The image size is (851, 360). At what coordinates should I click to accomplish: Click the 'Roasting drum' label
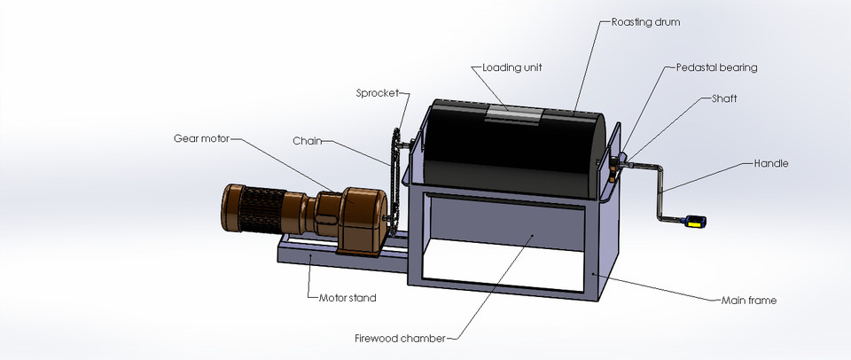click(645, 21)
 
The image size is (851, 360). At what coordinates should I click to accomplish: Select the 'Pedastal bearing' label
click(716, 67)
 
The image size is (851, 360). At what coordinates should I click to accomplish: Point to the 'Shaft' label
click(723, 99)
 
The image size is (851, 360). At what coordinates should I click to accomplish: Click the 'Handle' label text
click(770, 163)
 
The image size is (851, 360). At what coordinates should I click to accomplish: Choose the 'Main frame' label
click(748, 301)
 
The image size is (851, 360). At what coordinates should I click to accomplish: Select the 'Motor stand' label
click(347, 298)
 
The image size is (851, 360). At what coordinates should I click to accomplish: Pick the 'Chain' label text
click(307, 140)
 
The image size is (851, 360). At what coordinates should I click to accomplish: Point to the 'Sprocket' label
click(377, 92)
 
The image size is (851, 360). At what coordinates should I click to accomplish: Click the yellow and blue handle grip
click(693, 222)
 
